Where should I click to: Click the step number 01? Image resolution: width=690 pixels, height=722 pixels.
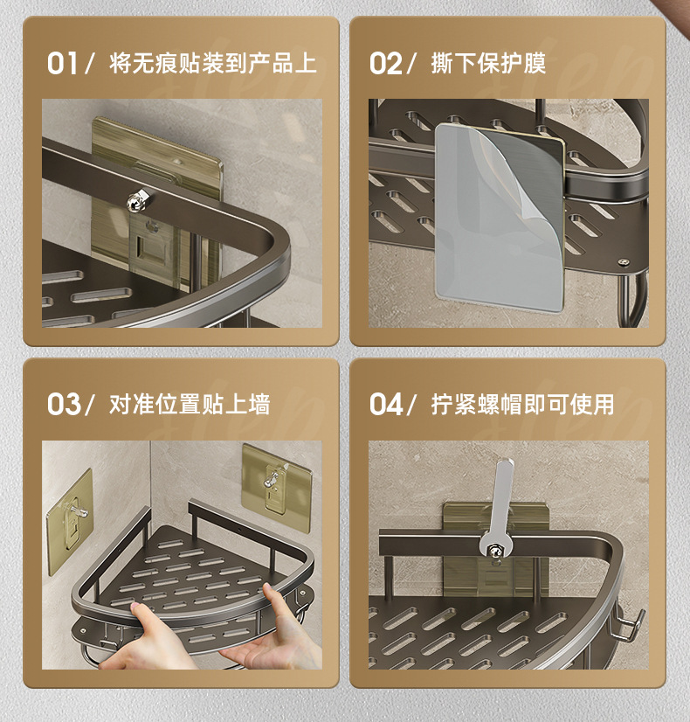[x=62, y=63]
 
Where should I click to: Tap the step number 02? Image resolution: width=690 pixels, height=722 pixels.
[x=385, y=63]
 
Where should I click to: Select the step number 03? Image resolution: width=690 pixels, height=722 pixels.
[x=64, y=405]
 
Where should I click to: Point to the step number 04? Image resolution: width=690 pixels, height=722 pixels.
[x=386, y=405]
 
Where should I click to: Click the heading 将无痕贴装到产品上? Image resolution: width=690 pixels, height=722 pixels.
[x=213, y=63]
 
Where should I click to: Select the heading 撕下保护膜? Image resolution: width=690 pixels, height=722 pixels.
[x=488, y=63]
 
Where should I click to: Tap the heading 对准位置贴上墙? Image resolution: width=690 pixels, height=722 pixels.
[x=190, y=405]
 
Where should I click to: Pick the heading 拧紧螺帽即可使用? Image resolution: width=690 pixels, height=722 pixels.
[x=522, y=405]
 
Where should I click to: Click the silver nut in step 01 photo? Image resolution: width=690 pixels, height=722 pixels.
[x=139, y=201]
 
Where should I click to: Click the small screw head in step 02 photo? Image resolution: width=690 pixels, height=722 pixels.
[x=624, y=262]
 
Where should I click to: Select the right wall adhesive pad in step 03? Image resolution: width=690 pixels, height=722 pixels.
[x=277, y=488]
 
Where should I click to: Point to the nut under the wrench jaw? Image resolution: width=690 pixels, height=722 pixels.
[x=495, y=552]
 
